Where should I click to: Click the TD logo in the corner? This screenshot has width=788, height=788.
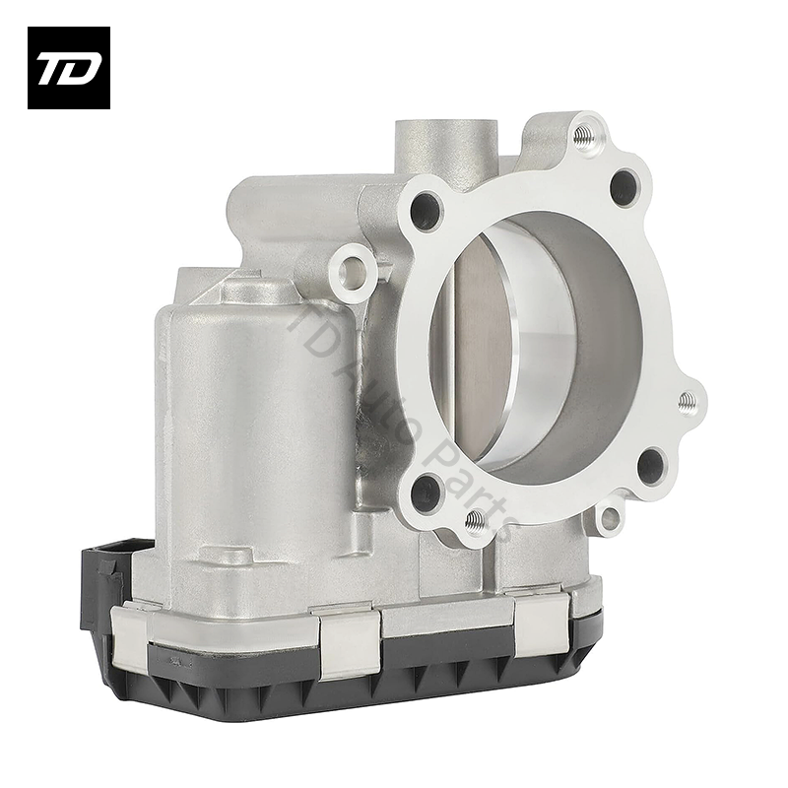click(x=68, y=67)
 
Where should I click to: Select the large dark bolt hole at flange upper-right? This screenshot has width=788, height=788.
click(x=624, y=187)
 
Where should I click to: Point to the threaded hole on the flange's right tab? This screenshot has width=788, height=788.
click(x=688, y=400)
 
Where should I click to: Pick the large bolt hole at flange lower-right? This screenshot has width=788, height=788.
click(x=651, y=465)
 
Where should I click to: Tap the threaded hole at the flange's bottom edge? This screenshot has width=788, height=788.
click(x=475, y=521)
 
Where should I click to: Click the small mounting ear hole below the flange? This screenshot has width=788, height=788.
click(x=611, y=515)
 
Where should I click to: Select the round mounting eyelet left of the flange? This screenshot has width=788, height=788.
click(x=353, y=267)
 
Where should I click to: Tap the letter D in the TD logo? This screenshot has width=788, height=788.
click(x=83, y=68)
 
